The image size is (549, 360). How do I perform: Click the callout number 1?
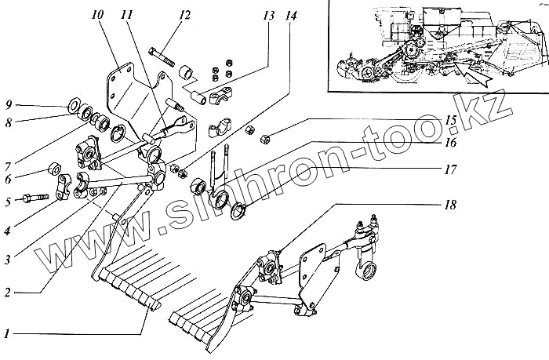[6, 333]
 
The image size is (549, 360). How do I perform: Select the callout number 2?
[6, 292]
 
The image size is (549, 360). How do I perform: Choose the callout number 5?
[6, 202]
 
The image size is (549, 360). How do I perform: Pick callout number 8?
[6, 122]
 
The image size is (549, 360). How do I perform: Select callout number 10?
[96, 14]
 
